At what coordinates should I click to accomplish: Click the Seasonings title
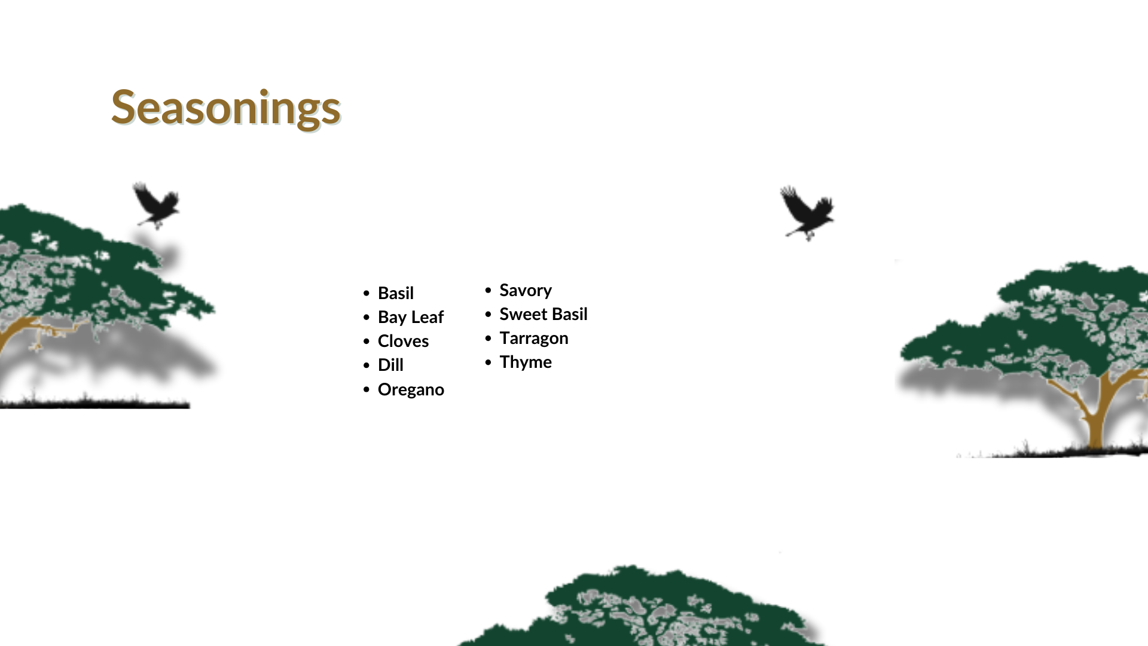(x=226, y=108)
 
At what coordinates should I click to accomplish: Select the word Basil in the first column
(x=396, y=293)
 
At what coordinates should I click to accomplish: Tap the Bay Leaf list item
(x=411, y=317)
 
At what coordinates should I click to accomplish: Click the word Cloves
(x=404, y=341)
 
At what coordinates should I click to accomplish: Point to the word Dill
(x=391, y=365)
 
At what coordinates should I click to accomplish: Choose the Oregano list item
(x=411, y=389)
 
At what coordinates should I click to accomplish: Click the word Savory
(x=526, y=291)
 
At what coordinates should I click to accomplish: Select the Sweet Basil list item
(x=544, y=314)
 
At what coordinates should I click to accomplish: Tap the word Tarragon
(x=534, y=339)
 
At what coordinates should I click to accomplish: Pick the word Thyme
(x=526, y=362)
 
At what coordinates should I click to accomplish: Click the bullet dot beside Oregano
(x=367, y=390)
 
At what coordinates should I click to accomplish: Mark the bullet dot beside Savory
(x=488, y=290)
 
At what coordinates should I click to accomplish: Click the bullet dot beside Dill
(x=367, y=365)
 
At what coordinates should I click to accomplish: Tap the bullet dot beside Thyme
(x=488, y=362)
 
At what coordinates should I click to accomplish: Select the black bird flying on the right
(x=808, y=213)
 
